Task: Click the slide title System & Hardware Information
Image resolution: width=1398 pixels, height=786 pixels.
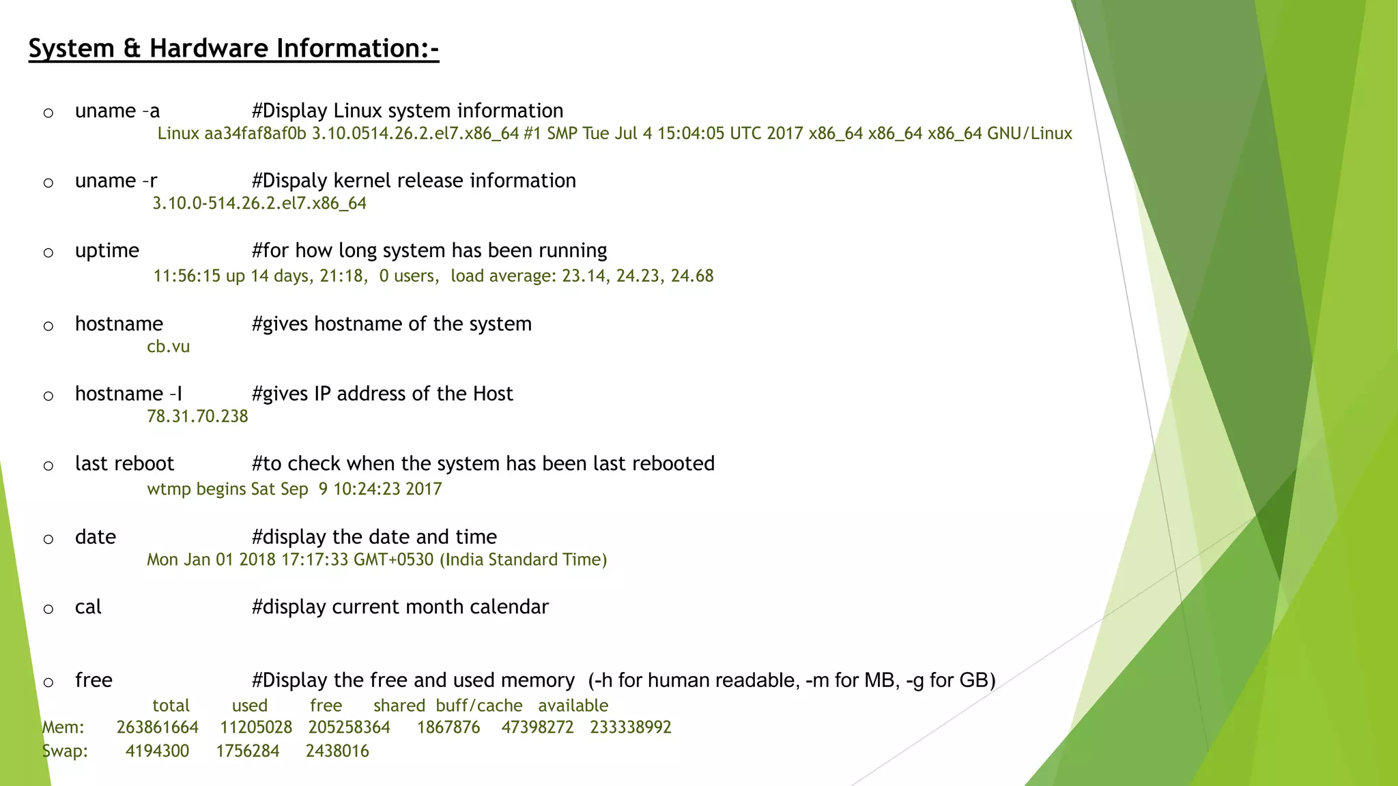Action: [233, 48]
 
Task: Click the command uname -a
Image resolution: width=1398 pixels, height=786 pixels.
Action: [117, 111]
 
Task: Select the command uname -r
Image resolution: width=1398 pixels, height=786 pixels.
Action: [116, 181]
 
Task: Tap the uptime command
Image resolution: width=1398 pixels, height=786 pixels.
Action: [107, 250]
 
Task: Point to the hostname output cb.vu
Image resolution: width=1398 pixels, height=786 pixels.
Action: [168, 347]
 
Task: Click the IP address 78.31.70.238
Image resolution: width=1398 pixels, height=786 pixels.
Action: [197, 416]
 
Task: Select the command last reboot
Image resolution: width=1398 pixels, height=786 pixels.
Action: [124, 464]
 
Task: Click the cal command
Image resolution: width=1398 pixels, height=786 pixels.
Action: [88, 607]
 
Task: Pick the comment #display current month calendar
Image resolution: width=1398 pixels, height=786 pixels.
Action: [400, 607]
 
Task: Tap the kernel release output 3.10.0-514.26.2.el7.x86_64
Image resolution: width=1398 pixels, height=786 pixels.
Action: [259, 203]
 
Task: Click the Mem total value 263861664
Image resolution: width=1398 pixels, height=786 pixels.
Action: [157, 727]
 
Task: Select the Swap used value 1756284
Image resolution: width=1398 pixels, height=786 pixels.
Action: [248, 751]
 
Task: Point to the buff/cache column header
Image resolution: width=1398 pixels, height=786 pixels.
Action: [479, 705]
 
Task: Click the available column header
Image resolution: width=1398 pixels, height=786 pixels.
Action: [573, 705]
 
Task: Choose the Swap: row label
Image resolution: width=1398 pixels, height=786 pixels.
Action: [65, 751]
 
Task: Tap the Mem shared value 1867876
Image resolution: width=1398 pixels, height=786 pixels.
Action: [448, 727]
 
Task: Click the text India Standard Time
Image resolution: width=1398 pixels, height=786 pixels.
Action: [523, 560]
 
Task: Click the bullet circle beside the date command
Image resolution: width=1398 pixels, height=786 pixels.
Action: [48, 540]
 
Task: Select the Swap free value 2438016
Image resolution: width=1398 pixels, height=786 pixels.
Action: [337, 751]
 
